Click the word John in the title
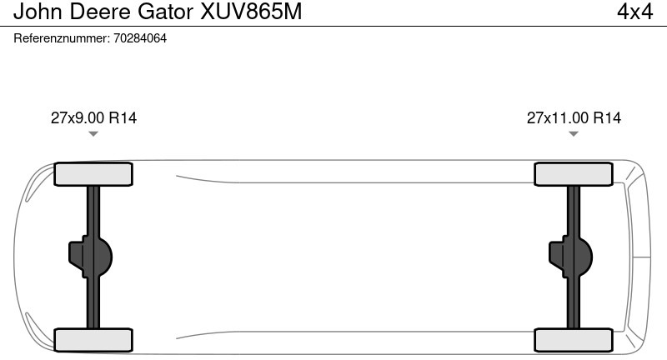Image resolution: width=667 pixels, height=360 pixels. point(38,12)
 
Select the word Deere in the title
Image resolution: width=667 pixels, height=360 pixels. point(99,12)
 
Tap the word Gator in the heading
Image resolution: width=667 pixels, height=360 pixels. point(165,12)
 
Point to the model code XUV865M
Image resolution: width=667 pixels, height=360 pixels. point(251,12)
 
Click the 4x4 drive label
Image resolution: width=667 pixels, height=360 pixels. point(634,12)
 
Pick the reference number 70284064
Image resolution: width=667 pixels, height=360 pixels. point(140,38)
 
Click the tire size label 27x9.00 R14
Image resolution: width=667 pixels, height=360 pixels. point(93,117)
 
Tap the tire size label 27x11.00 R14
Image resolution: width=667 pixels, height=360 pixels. point(574,117)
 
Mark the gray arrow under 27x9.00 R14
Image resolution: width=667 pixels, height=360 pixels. point(93,134)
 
